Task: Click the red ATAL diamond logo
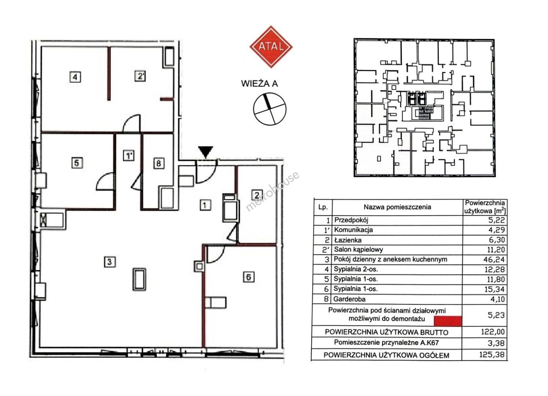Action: [271, 47]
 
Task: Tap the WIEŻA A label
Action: [259, 84]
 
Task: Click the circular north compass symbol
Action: [269, 109]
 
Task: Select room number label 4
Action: [75, 77]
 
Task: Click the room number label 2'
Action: [140, 76]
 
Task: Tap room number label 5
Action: [77, 163]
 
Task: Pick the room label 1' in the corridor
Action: [128, 155]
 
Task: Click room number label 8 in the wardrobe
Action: [159, 163]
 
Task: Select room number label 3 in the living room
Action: [110, 262]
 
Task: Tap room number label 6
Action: [249, 277]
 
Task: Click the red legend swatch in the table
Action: [448, 321]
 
